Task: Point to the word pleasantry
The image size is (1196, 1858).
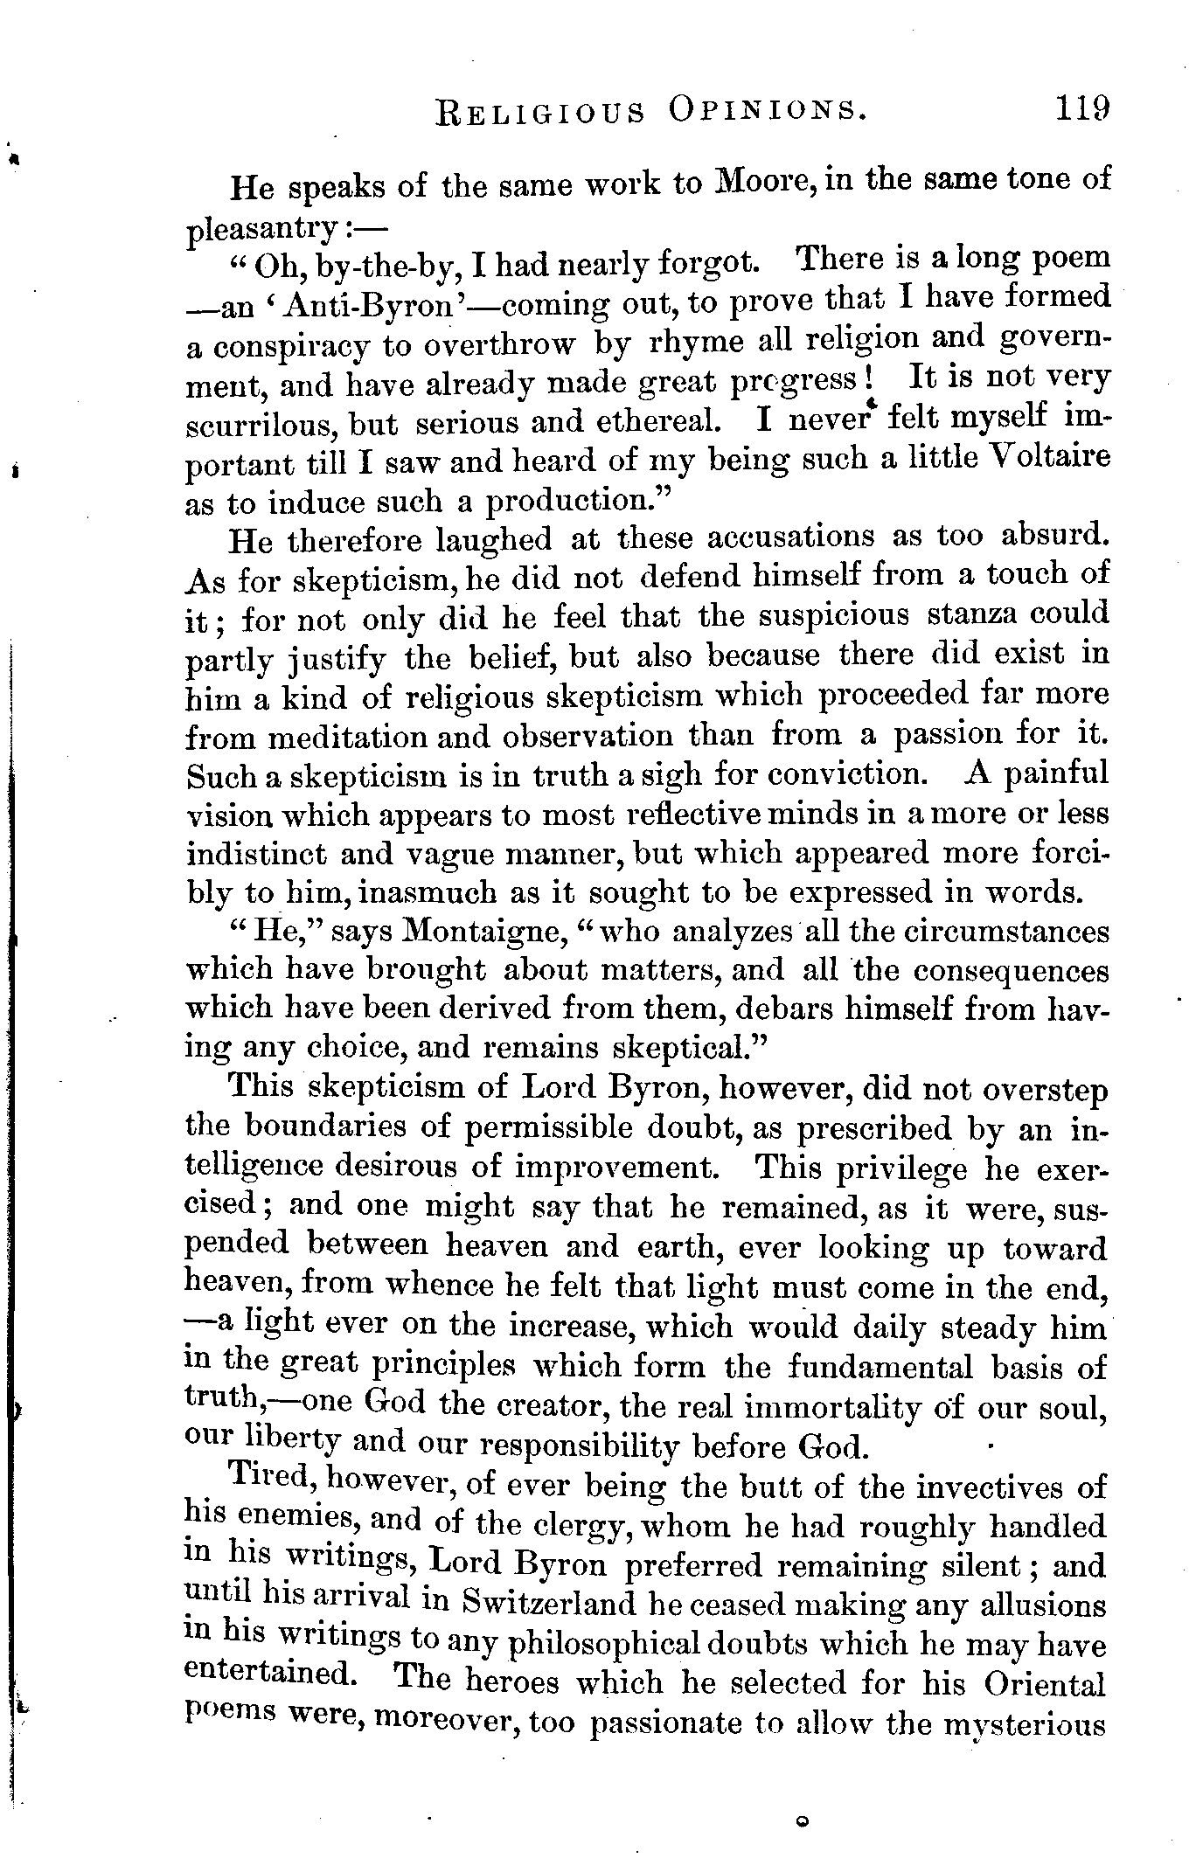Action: (x=263, y=230)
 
